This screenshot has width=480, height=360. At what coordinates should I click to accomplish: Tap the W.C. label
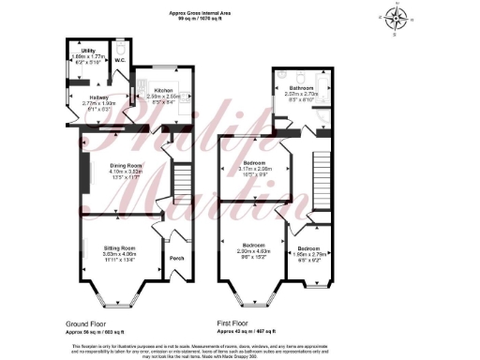coord(120,62)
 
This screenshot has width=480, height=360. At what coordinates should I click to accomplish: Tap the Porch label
coord(174,260)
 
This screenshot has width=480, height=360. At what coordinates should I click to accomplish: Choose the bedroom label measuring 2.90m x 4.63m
coord(252,247)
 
